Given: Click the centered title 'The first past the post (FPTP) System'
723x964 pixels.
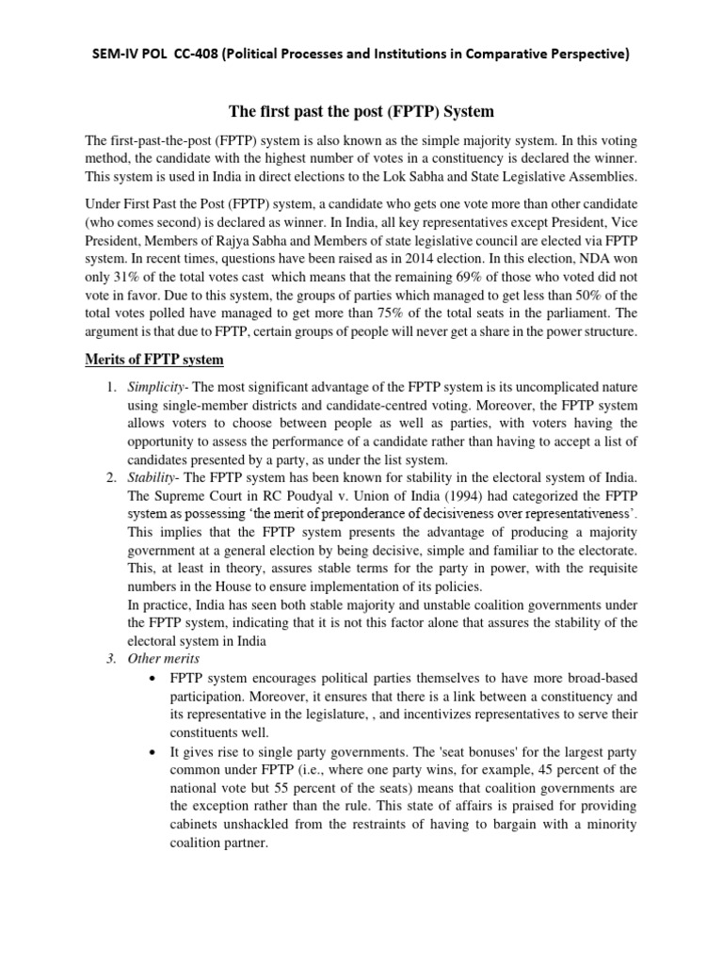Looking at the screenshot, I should tap(361, 112).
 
